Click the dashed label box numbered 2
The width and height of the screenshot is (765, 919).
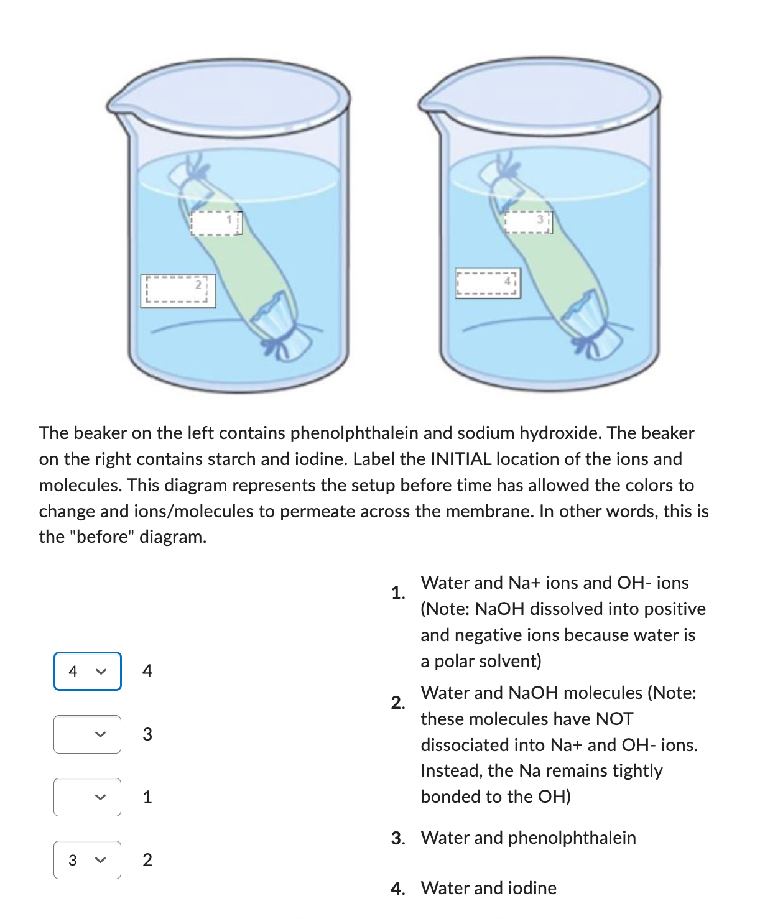[x=177, y=291]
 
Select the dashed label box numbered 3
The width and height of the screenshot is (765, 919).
[x=527, y=221]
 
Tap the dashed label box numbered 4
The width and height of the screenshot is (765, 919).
[x=488, y=284]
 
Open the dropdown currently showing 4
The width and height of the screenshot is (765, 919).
[x=87, y=671]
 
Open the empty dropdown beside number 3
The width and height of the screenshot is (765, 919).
[x=87, y=734]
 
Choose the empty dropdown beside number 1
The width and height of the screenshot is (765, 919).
[x=87, y=797]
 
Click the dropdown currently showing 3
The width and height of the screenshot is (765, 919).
[x=87, y=860]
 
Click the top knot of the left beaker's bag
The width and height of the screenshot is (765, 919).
[x=190, y=171]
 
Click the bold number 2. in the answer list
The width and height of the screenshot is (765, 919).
[x=398, y=703]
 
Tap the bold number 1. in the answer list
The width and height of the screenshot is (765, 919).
[x=398, y=593]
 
